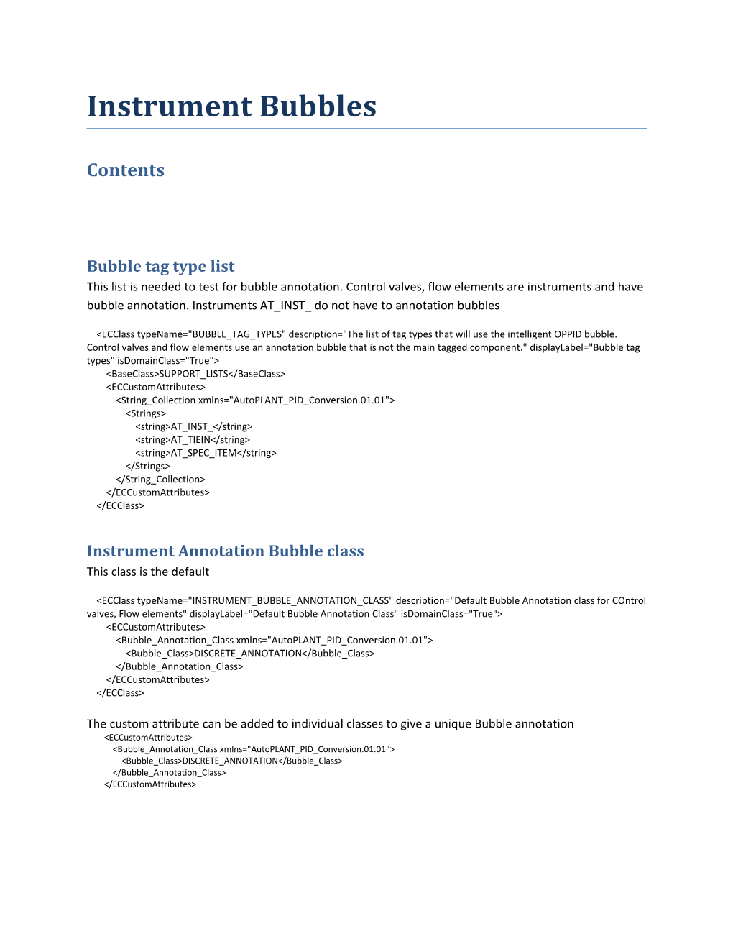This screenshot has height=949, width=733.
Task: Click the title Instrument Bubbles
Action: (231, 106)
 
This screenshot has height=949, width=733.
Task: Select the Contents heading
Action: (126, 170)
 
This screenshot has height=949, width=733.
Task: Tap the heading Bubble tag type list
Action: (160, 267)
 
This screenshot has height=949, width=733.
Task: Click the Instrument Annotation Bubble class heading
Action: (225, 551)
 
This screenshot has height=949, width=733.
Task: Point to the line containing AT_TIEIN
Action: (193, 440)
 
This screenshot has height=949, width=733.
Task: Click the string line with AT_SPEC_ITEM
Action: (206, 453)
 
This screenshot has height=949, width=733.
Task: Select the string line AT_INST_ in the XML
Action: (193, 427)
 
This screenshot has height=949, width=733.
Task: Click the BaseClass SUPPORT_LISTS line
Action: (195, 374)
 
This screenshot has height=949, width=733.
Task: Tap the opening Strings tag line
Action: (146, 413)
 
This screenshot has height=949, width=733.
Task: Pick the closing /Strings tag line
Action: (148, 467)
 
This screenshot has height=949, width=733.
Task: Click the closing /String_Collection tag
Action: (160, 480)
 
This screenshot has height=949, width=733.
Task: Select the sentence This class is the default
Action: (148, 572)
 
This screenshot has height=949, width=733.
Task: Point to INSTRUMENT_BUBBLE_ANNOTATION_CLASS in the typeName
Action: (290, 601)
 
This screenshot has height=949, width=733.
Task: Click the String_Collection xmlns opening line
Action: (255, 400)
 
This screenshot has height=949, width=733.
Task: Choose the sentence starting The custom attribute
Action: (330, 724)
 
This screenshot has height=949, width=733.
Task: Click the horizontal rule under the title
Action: (366, 129)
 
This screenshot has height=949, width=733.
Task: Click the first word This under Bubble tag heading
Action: (98, 287)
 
